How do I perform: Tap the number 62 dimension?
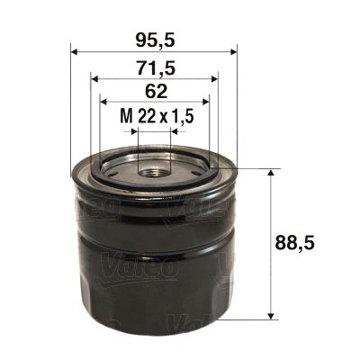[x=154, y=90]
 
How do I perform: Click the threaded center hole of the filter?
[x=154, y=169]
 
